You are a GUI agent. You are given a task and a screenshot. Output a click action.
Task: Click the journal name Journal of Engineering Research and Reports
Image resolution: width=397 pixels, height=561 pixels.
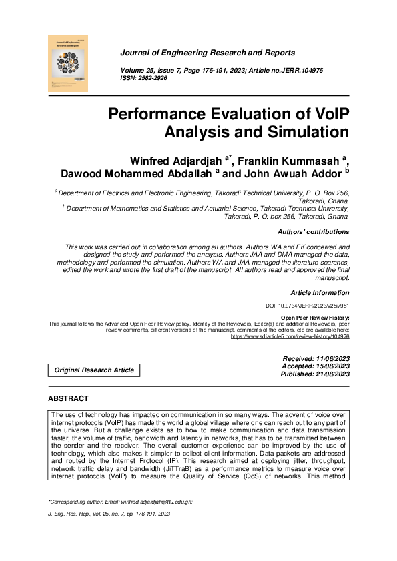pyautogui.click(x=207, y=53)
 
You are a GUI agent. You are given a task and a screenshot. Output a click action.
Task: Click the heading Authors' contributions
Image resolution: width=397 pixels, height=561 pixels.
pyautogui.click(x=313, y=232)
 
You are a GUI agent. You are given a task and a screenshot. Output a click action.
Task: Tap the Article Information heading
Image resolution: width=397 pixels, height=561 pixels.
pyautogui.click(x=320, y=293)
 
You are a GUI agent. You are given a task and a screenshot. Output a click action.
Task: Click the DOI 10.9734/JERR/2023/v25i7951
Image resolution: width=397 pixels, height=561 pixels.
pyautogui.click(x=308, y=306)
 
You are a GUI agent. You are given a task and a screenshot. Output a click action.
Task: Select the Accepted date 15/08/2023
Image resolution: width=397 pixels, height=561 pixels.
pyautogui.click(x=331, y=366)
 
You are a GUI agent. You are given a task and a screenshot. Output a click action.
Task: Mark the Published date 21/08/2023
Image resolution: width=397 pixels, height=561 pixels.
pyautogui.click(x=331, y=374)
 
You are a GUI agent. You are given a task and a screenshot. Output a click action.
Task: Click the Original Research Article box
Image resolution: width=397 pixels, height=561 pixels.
pyautogui.click(x=94, y=370)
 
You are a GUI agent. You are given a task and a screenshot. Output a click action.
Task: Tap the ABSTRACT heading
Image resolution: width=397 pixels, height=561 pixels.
pyautogui.click(x=68, y=398)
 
